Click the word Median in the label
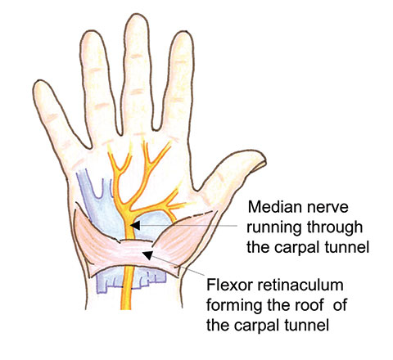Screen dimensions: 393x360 (275, 207)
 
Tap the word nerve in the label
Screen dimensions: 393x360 (327, 208)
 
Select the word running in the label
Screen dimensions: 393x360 (274, 228)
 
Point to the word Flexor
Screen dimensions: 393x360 (228, 286)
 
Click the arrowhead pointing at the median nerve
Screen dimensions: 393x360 (135, 225)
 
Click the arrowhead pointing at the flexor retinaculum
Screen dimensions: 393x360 (147, 255)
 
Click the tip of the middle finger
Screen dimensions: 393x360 (137, 16)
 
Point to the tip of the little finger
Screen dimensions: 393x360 (38, 83)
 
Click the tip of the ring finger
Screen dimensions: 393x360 (89, 32)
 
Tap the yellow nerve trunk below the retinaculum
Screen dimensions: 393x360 (126, 289)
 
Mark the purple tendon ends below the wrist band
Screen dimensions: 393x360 (131, 281)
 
